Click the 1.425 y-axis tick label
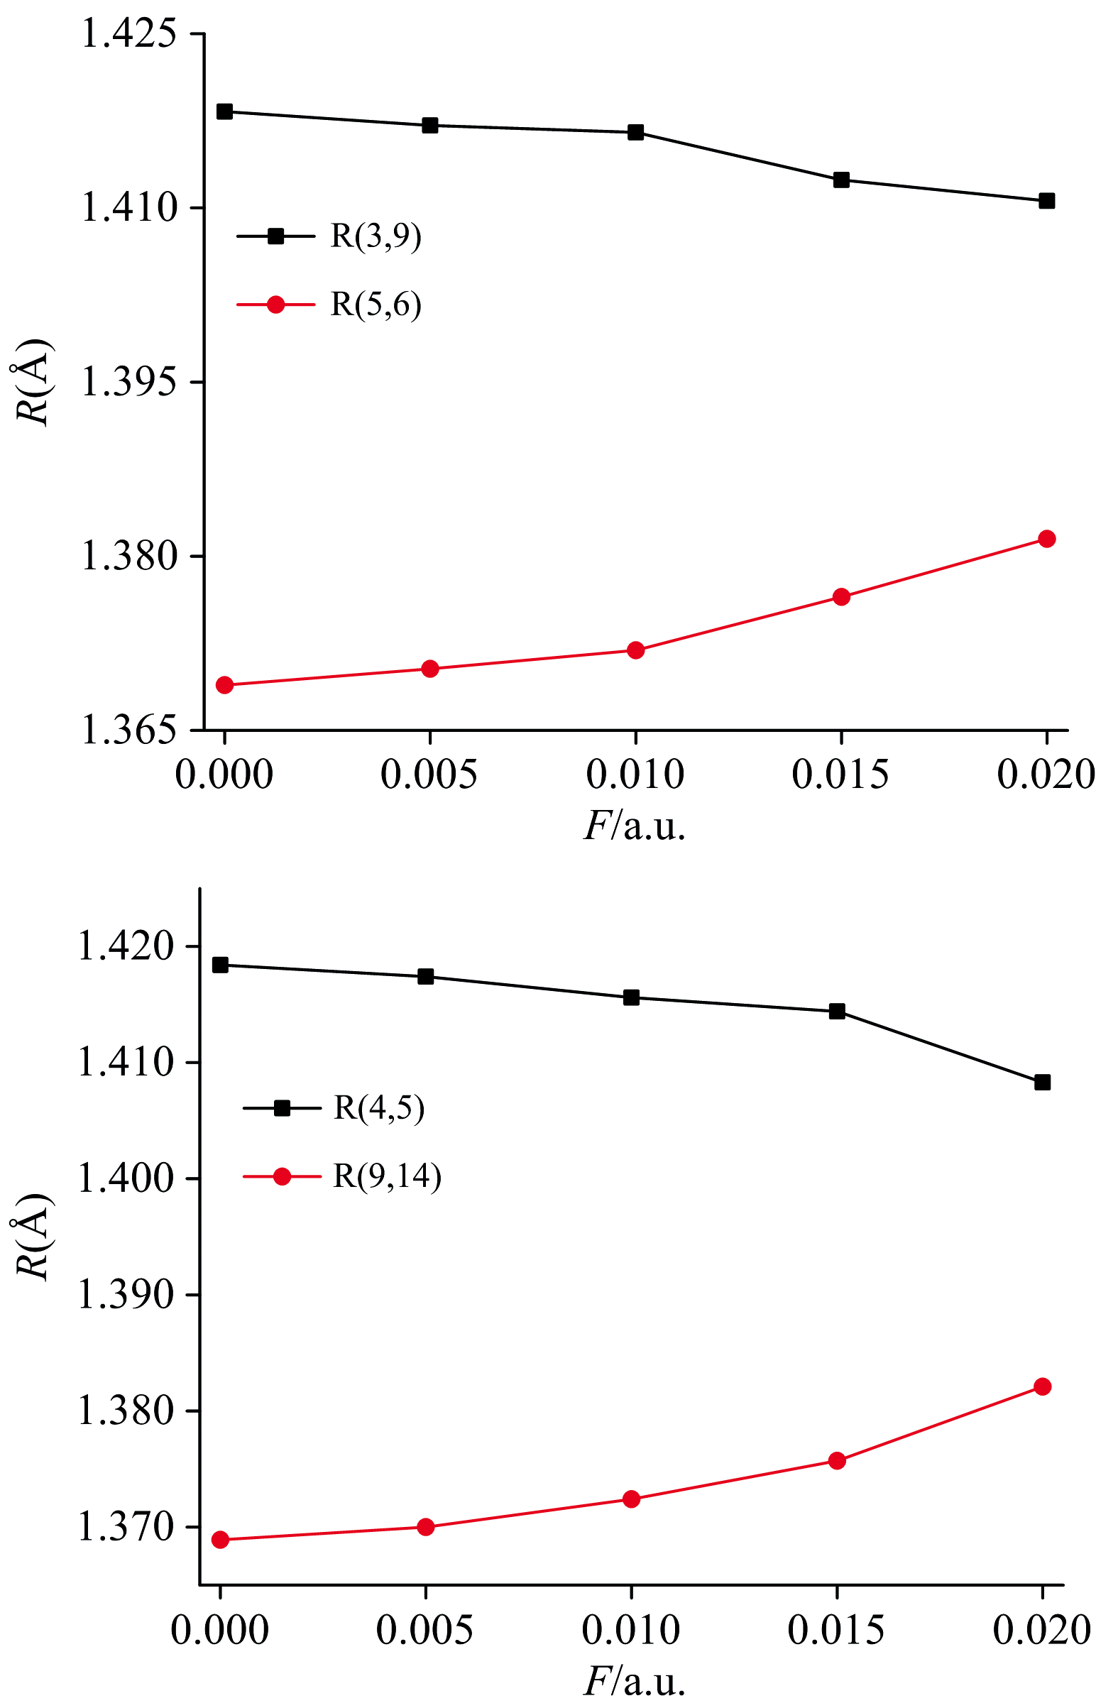[128, 34]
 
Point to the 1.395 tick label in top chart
[128, 382]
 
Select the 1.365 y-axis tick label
[128, 730]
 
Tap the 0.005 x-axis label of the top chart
[429, 774]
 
